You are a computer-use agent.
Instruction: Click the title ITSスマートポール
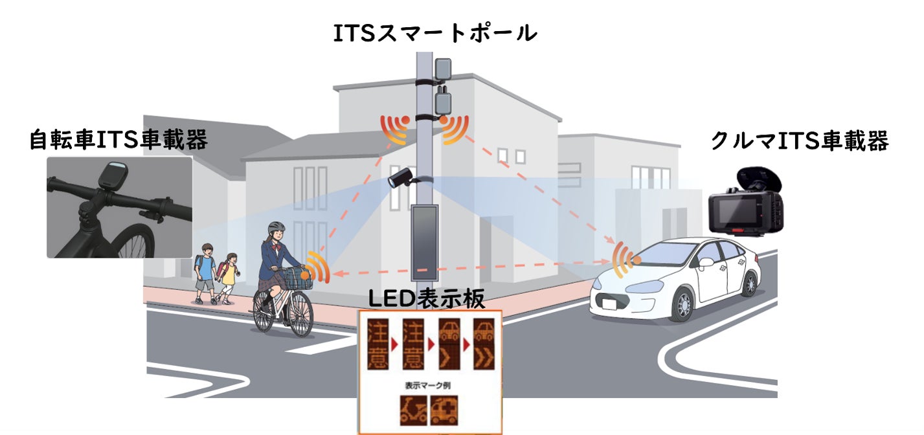coord(435,34)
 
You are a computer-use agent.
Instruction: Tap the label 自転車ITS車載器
coord(118,140)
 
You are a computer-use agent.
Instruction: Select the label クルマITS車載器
coord(800,141)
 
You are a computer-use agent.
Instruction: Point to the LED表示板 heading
coord(427,298)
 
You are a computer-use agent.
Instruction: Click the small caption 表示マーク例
coord(427,386)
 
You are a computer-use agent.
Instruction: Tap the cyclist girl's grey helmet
coord(276,227)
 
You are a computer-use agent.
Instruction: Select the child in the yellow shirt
coord(228,278)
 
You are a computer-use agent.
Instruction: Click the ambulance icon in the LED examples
coord(444,410)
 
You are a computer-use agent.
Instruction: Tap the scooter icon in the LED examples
coord(414,410)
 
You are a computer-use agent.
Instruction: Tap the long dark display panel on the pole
coord(425,243)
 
